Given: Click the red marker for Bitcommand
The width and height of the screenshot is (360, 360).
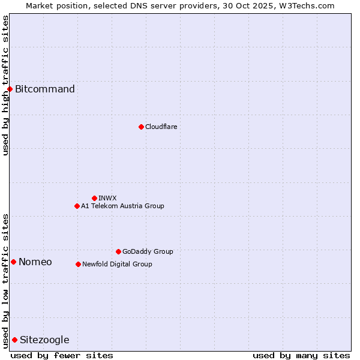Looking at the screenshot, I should coord(10,89).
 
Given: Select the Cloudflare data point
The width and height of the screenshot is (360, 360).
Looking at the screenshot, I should coord(141,127).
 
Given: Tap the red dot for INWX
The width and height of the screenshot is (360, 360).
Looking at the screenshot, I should coord(94,198).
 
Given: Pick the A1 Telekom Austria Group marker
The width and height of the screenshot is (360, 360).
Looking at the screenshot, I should coord(77,206).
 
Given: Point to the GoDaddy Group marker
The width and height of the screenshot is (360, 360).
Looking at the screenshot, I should coord(118,251).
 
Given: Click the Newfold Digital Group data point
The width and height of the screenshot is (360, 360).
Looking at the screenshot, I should coord(78,264).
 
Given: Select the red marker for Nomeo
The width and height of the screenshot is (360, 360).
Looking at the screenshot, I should coord(13,262).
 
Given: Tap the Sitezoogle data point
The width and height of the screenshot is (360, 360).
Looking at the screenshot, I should coord(14,340).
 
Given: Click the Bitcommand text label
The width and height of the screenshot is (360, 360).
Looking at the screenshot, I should coord(45,89).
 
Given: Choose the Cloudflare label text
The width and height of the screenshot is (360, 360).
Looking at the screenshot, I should coord(161,127).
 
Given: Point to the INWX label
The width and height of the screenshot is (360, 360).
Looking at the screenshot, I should coord(107,198).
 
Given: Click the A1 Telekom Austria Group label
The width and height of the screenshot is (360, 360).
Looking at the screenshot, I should coord(122,206).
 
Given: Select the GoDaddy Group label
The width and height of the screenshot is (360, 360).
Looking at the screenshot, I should coord(148,251).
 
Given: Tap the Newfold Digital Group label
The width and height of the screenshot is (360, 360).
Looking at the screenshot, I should coord(117,264).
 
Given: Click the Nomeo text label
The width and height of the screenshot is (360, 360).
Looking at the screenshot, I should coord(35,262).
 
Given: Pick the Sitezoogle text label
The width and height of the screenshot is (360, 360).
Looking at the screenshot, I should coord(44,340).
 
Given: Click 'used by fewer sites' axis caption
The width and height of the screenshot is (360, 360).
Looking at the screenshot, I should coord(62,355).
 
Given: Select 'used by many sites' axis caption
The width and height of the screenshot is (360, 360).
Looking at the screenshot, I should coord(301,355).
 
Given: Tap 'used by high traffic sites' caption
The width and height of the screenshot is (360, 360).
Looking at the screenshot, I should coord(5,85).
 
